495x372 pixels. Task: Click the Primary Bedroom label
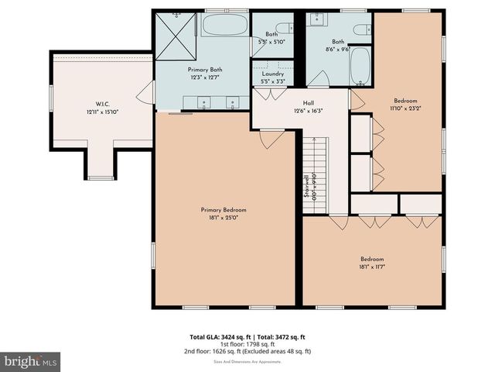[224, 210]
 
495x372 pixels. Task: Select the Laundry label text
[272, 73]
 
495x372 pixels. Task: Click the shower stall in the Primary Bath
[177, 34]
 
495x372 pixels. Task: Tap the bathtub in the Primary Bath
[224, 28]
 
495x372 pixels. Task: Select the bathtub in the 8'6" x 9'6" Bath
[360, 69]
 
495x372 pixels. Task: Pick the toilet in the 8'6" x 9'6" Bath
[360, 29]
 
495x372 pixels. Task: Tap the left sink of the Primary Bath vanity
[203, 102]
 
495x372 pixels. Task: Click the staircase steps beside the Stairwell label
[316, 170]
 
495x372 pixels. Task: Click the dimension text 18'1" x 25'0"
[224, 218]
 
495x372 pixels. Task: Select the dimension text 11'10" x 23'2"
[405, 108]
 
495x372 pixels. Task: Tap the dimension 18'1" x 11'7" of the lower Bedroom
[371, 267]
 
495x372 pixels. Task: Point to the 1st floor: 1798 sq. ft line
[247, 344]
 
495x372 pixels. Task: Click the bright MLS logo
[31, 360]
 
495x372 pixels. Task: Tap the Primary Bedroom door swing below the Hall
[268, 139]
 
